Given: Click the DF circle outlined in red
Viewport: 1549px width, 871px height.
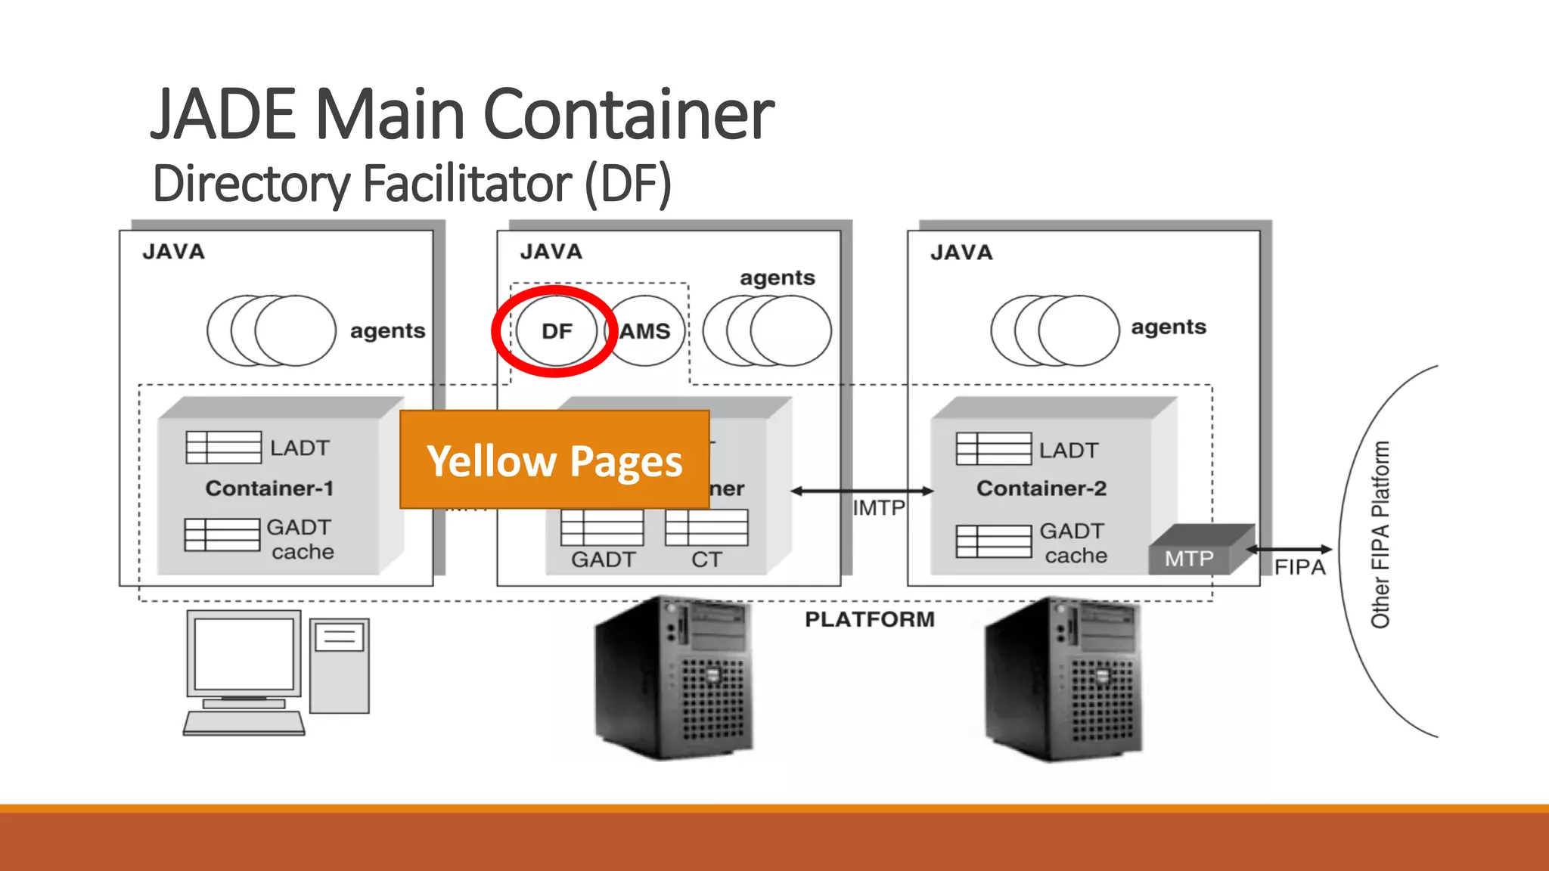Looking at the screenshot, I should pyautogui.click(x=557, y=331).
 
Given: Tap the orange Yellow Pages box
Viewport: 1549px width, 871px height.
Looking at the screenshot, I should pyautogui.click(x=554, y=460).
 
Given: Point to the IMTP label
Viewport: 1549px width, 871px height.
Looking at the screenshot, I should pyautogui.click(x=878, y=507).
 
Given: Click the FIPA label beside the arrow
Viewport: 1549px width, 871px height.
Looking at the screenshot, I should pyautogui.click(x=1299, y=567).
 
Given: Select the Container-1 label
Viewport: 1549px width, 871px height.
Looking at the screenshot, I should pyautogui.click(x=269, y=488).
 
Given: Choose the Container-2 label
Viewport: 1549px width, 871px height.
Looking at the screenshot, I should pyautogui.click(x=1041, y=488).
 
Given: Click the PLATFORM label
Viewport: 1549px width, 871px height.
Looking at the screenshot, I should pyautogui.click(x=869, y=619).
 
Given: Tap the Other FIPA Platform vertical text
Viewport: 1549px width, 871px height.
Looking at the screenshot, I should pyautogui.click(x=1380, y=535).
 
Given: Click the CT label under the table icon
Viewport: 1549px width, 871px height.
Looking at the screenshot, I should pyautogui.click(x=706, y=559).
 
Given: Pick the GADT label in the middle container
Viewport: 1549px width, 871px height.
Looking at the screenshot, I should pyautogui.click(x=603, y=559).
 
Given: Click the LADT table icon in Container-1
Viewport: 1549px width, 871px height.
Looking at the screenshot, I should pyautogui.click(x=223, y=447).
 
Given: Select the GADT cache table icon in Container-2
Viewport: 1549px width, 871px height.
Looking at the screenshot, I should pyautogui.click(x=993, y=541).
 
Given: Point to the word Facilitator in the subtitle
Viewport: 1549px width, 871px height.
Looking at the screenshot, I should pyautogui.click(x=467, y=184).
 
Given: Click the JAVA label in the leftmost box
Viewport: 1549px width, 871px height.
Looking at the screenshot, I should pyautogui.click(x=173, y=252).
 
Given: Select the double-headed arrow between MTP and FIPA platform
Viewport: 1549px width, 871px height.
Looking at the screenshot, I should pyautogui.click(x=1289, y=550).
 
